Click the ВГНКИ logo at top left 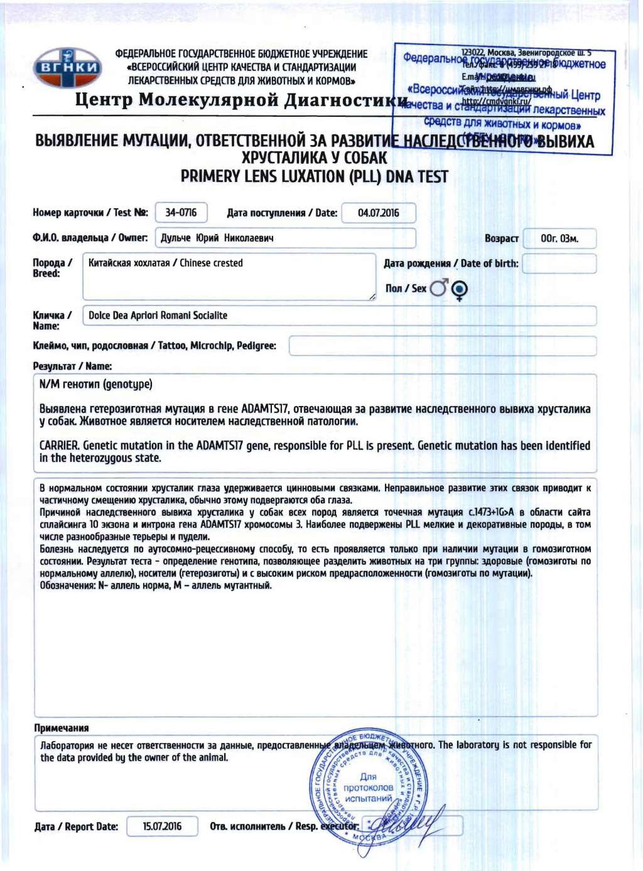pyautogui.click(x=67, y=67)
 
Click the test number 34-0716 pyautogui.click(x=181, y=213)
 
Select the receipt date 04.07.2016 pyautogui.click(x=378, y=213)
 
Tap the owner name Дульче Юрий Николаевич pyautogui.click(x=217, y=238)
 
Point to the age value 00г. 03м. pyautogui.click(x=559, y=238)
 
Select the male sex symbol pyautogui.click(x=439, y=288)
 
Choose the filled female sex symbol pyautogui.click(x=460, y=289)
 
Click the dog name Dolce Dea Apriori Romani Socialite pyautogui.click(x=158, y=316)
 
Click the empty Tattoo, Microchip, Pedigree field pyautogui.click(x=442, y=346)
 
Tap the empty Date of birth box pyautogui.click(x=559, y=264)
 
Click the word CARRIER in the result pyautogui.click(x=59, y=446)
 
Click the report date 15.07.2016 pyautogui.click(x=162, y=826)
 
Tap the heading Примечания pyautogui.click(x=61, y=728)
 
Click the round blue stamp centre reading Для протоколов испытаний pyautogui.click(x=368, y=788)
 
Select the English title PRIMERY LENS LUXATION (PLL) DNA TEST pyautogui.click(x=314, y=177)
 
